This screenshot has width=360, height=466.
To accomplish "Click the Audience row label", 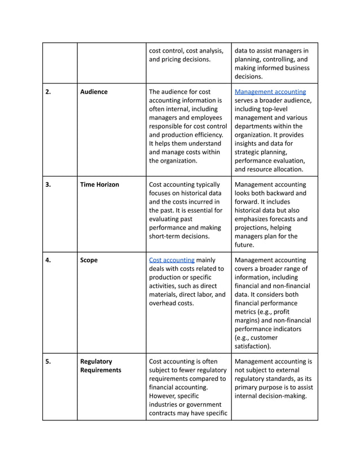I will [x=94, y=91].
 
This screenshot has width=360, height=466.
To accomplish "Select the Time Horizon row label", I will [x=99, y=184].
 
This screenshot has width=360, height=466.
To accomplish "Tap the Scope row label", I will [x=89, y=260].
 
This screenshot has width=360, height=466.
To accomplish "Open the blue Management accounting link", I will [x=270, y=91].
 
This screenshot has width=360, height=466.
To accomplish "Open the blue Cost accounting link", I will [x=172, y=260].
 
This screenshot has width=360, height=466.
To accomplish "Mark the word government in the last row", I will [x=204, y=405].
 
